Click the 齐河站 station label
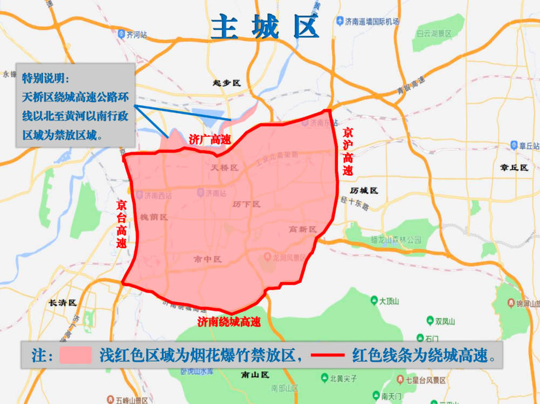pyautogui.click(x=133, y=35)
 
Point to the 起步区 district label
pyautogui.click(x=226, y=83)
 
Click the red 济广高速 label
pyautogui.click(x=210, y=139)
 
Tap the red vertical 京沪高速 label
pyautogui.click(x=348, y=151)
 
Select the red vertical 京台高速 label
pyautogui.click(x=122, y=224)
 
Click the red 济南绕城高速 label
pyautogui.click(x=229, y=322)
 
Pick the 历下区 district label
pyautogui.click(x=246, y=204)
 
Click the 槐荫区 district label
pyautogui.click(x=154, y=217)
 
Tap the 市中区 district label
pyautogui.click(x=207, y=260)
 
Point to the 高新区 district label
pyautogui.click(x=302, y=229)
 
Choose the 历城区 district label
pyautogui.click(x=364, y=191)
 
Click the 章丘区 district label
pyautogui.click(x=514, y=168)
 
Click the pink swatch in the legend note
pyautogui.click(x=75, y=355)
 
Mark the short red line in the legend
pyautogui.click(x=328, y=355)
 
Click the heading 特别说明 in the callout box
pyautogui.click(x=45, y=78)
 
